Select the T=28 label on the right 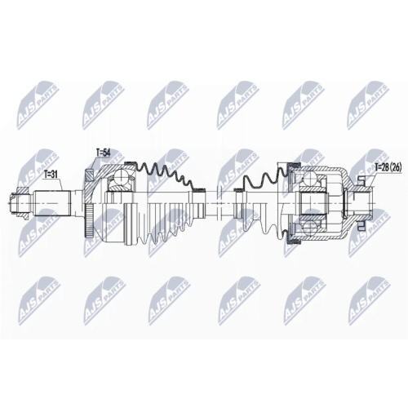coord(381,169)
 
